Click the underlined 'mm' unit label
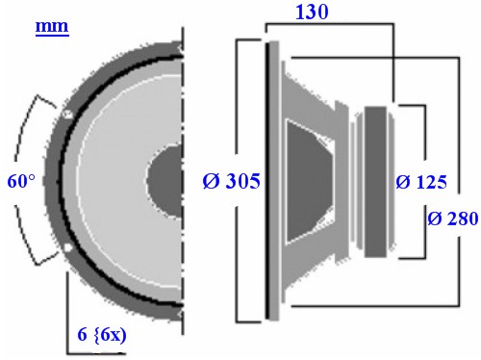(52, 27)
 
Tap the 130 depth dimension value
(312, 13)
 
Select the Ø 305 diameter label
(231, 181)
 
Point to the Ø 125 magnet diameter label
(421, 182)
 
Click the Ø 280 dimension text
(453, 219)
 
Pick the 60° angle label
(21, 181)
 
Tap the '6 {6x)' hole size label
(102, 335)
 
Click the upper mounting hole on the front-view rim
(67, 114)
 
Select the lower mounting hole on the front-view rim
(67, 247)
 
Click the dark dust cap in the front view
(166, 181)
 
